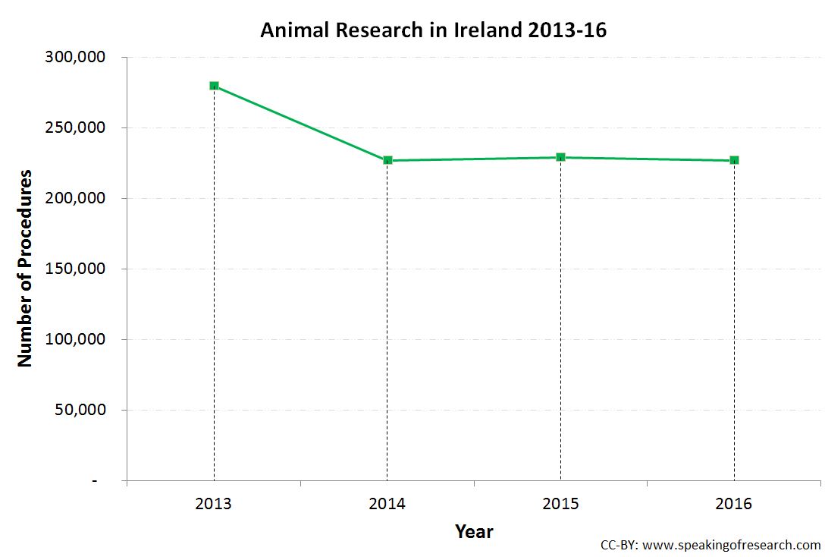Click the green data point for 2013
pos(214,86)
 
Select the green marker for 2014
pos(387,160)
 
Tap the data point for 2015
pos(560,157)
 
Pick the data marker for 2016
pos(734,160)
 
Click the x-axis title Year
pos(474,532)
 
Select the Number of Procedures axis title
pos(25,269)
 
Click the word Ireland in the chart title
pos(484,30)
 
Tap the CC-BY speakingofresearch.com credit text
pos(710,545)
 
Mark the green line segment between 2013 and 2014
pos(300,123)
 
